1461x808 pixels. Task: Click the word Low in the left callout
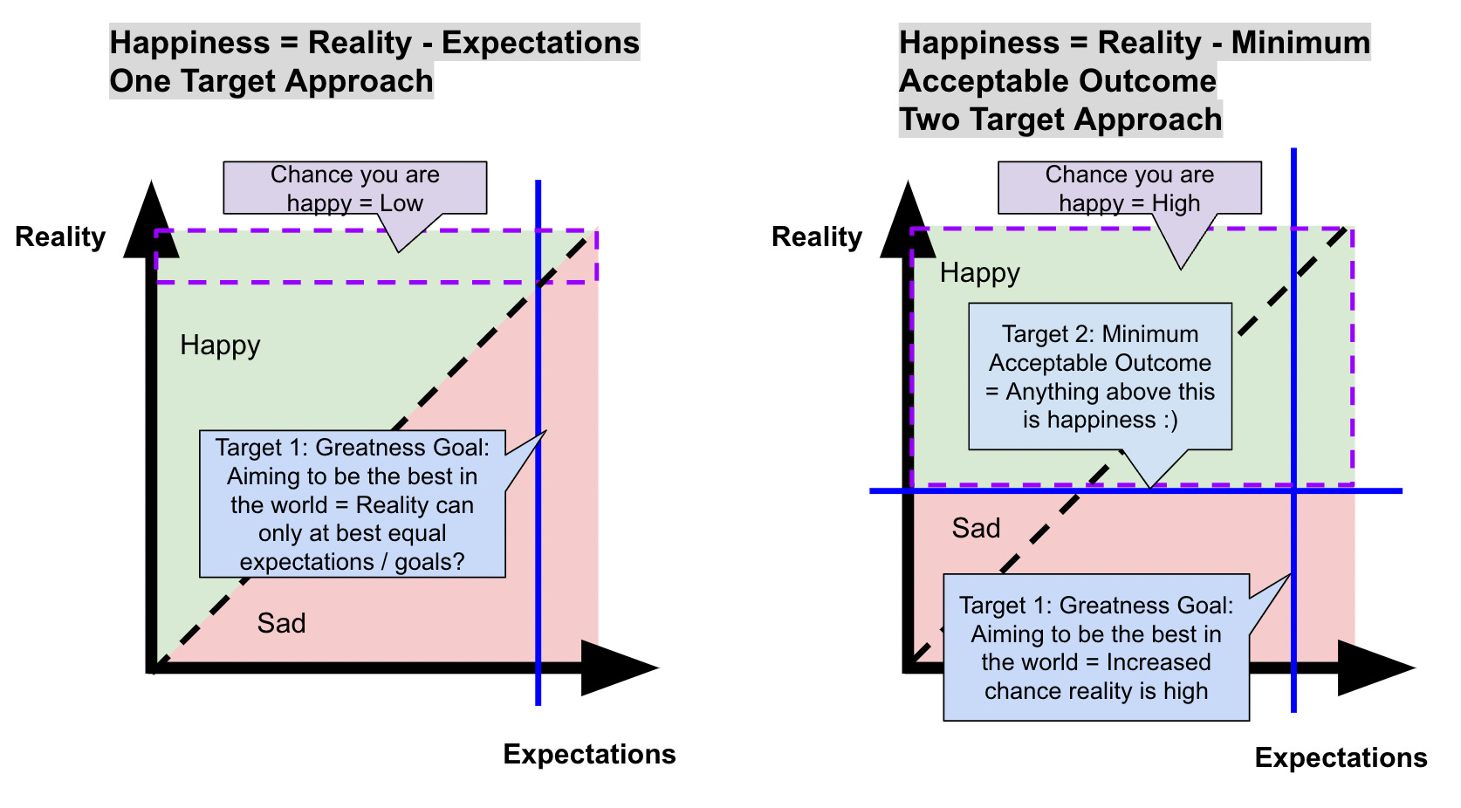point(401,203)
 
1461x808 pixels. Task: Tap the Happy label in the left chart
point(220,346)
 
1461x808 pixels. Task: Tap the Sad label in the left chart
point(281,623)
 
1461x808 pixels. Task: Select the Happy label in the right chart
point(979,273)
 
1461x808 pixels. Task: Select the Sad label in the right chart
point(976,528)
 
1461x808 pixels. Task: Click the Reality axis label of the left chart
point(60,236)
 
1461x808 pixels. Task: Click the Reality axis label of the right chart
point(817,236)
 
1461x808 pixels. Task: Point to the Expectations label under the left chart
point(589,754)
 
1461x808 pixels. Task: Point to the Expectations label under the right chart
point(1341,757)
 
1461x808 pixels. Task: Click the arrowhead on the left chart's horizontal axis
point(614,668)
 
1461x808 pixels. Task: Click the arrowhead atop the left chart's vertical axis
point(152,223)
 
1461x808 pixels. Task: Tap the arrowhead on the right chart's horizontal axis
point(1371,668)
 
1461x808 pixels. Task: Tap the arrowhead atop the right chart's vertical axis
point(909,223)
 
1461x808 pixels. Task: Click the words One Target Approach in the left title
point(271,81)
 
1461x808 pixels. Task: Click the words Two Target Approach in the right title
point(1060,120)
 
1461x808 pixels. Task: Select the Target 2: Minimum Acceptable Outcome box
point(1100,376)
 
